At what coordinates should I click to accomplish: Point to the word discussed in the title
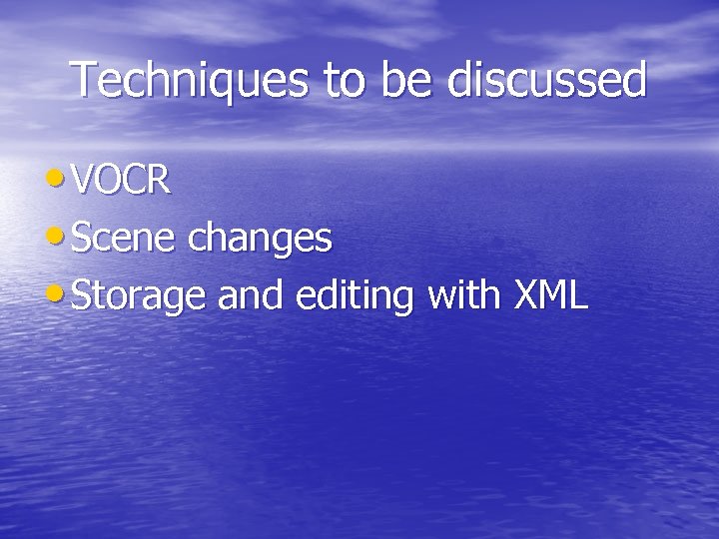pos(547,80)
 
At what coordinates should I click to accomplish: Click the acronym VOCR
pos(122,182)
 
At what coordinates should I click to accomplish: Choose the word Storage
pos(141,297)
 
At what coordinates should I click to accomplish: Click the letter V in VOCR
pos(83,182)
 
